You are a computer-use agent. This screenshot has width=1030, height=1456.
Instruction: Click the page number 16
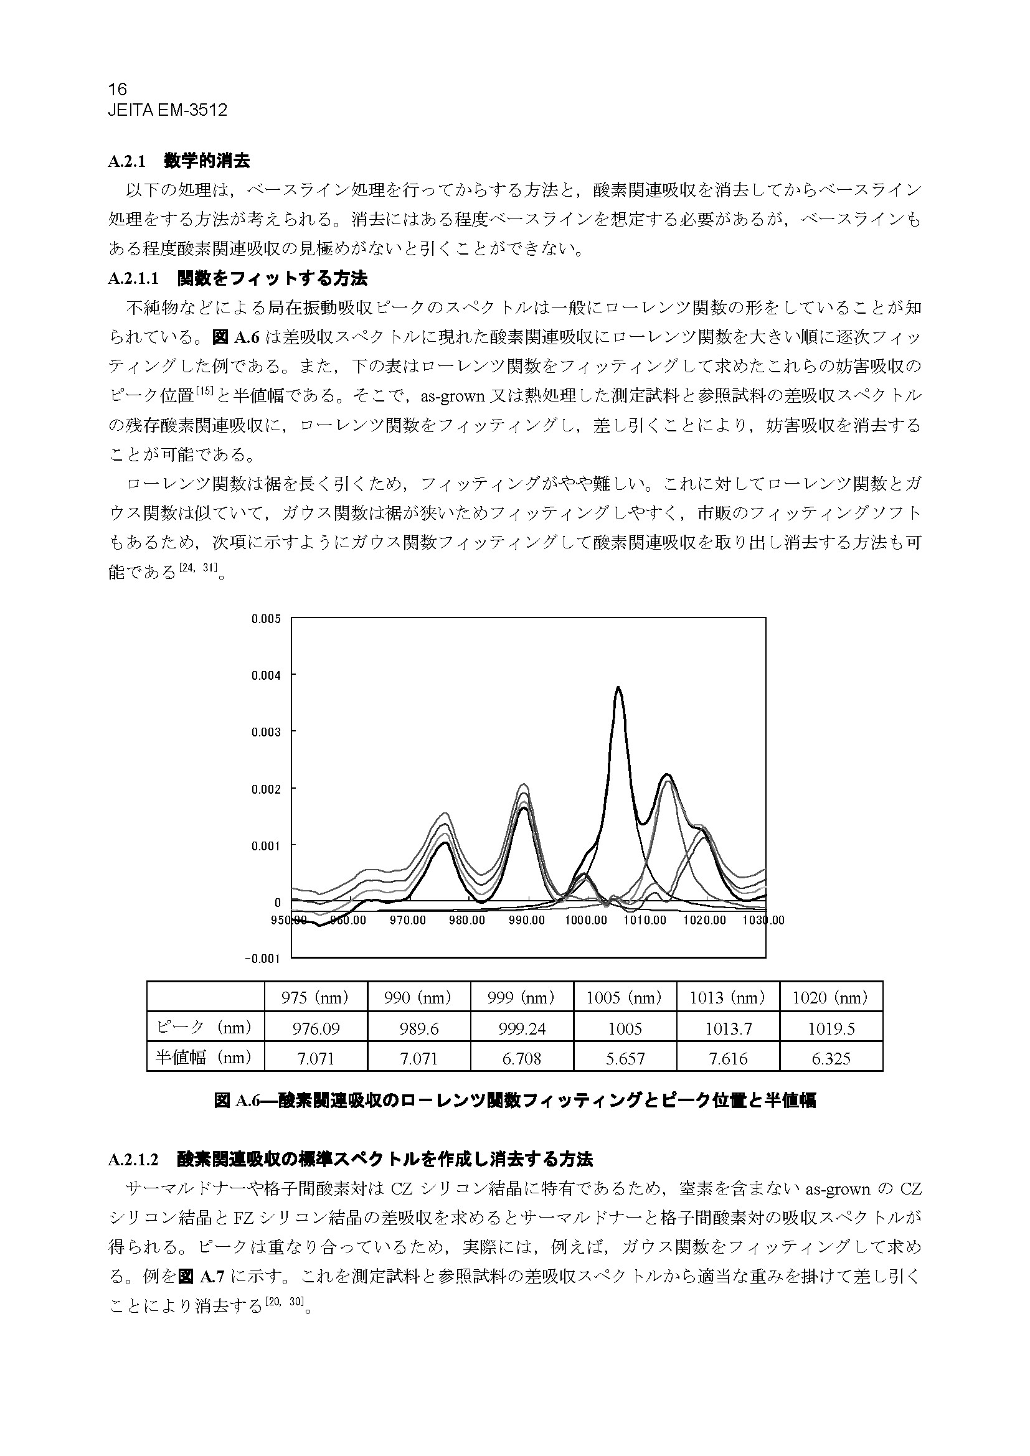pos(117,89)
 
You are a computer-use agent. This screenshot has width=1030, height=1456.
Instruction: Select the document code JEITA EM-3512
pos(168,110)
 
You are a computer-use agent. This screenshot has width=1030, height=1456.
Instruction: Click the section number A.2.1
pos(127,162)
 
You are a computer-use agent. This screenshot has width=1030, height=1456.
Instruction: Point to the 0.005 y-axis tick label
pos(266,619)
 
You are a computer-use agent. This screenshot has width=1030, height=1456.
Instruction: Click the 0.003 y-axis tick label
pos(266,732)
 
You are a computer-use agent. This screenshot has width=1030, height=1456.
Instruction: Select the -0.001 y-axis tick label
pos(263,958)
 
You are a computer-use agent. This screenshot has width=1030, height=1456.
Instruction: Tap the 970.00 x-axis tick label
pos(407,920)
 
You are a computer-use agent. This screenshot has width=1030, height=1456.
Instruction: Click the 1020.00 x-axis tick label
pos(704,920)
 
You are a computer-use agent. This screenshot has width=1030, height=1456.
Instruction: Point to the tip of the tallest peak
pos(618,687)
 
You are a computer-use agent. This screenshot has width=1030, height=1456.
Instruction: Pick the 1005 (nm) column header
pos(625,998)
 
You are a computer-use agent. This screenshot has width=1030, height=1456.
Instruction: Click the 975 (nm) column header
pos(316,998)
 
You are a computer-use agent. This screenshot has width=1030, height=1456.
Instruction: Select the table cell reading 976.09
pos(316,1028)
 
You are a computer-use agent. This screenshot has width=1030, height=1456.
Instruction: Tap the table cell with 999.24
pos(522,1028)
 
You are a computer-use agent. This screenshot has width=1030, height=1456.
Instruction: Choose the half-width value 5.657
pos(625,1058)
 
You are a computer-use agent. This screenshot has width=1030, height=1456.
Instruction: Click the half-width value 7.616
pos(728,1058)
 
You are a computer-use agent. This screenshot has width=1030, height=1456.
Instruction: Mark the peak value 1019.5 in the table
pos(831,1028)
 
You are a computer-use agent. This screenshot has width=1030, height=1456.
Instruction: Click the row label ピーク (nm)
pos(204,1027)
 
